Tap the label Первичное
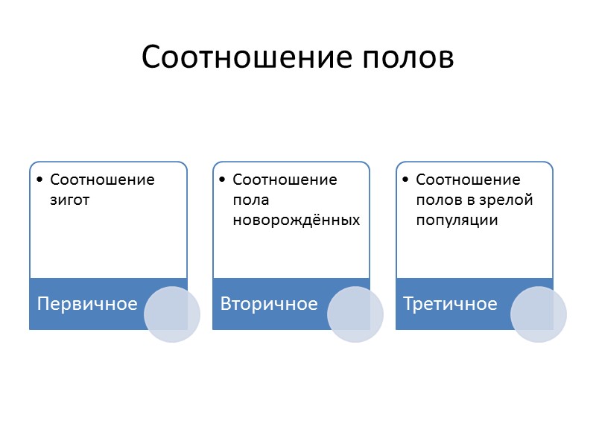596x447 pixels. click(87, 304)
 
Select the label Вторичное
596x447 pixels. click(269, 304)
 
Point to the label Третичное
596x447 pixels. click(450, 304)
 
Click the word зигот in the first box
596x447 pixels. click(69, 200)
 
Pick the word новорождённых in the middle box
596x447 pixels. click(297, 221)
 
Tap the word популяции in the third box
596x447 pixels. click(457, 221)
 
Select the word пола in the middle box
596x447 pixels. click(250, 200)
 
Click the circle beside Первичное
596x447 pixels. click(172, 314)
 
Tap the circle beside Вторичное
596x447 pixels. click(355, 314)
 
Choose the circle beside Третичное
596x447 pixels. click(539, 314)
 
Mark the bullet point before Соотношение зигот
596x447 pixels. click(39, 180)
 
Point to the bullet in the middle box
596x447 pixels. click(222, 180)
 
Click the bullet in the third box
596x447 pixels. click(405, 180)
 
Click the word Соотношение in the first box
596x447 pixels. click(102, 180)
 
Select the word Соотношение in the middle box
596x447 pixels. click(285, 180)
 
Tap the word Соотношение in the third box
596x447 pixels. click(468, 180)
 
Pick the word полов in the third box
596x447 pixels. click(436, 200)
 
